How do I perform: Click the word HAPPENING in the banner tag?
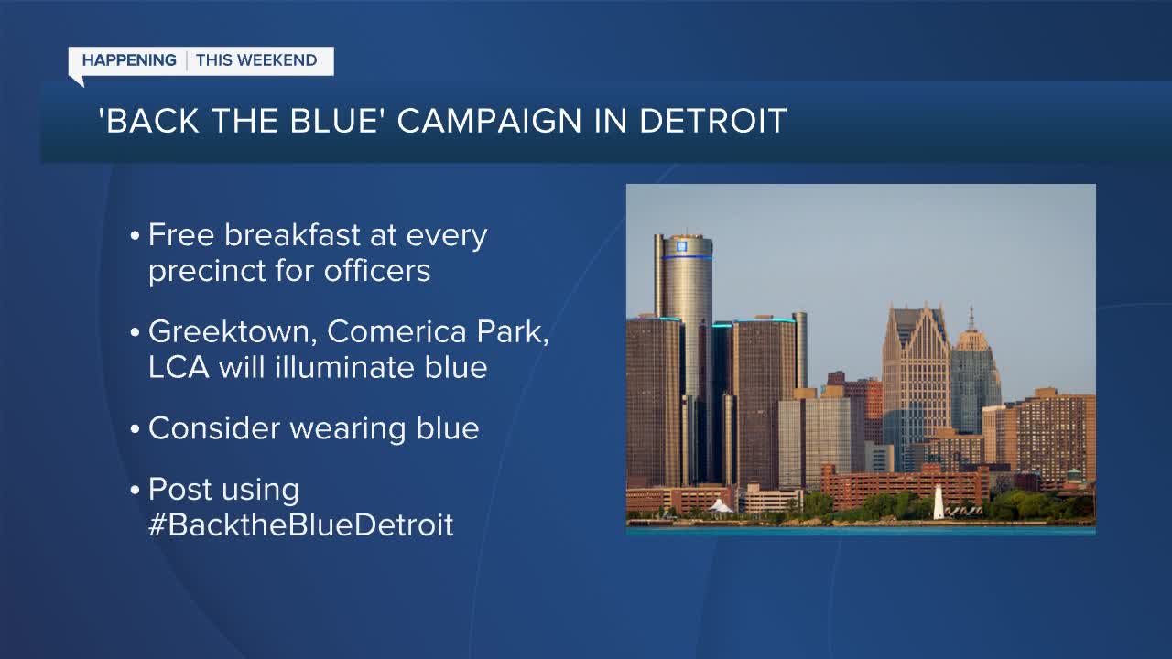[129, 61]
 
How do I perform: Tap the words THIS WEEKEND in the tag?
[256, 61]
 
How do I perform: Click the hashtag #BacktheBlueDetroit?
[300, 525]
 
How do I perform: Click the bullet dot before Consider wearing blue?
[135, 429]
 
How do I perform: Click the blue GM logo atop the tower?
[681, 245]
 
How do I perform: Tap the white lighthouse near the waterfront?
[939, 502]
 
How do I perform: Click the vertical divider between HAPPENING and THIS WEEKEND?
[187, 61]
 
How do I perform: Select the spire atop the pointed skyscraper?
[971, 317]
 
